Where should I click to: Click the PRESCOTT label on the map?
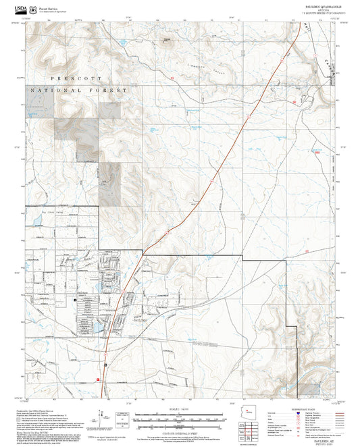point(62,78)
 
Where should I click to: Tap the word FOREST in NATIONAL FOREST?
point(111,90)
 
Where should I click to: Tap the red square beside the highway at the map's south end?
point(99,379)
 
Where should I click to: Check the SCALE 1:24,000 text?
point(178,409)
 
